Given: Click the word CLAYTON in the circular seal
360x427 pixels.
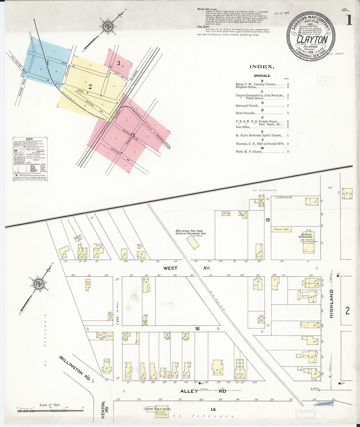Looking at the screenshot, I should pos(312,39).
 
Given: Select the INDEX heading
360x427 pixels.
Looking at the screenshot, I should pos(261,67).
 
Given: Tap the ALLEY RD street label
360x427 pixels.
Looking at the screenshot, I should pos(203,391).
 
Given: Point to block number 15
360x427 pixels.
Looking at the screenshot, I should pos(268,220).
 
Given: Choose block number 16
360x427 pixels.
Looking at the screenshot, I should pos(197,329).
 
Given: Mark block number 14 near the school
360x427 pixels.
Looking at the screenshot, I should pos(213,409).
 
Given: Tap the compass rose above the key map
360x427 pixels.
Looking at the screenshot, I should pos(107,26).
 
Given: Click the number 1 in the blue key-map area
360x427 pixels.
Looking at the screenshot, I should pos(47,62).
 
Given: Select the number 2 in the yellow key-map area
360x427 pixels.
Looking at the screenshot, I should pos(90,87).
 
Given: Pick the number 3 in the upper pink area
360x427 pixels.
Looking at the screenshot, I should pos(118,63).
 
